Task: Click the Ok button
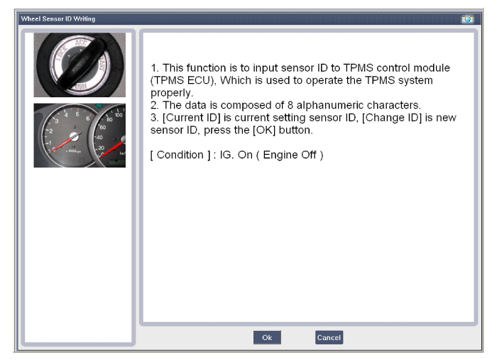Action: click(267, 337)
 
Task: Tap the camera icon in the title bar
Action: click(467, 19)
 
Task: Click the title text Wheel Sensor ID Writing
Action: click(58, 19)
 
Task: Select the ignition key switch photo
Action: click(80, 65)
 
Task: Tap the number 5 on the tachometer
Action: click(77, 114)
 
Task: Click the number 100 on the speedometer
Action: click(119, 115)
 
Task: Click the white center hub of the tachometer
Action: click(74, 136)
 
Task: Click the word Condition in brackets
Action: click(180, 155)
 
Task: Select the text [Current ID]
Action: click(192, 118)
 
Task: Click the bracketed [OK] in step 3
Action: click(264, 130)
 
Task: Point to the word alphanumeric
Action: click(327, 105)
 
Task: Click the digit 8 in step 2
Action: click(290, 105)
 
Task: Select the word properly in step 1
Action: click(170, 93)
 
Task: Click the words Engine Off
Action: click(290, 155)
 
